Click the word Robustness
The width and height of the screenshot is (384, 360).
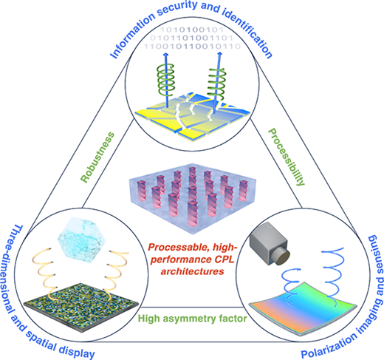[98, 157]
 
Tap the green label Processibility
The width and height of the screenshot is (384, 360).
[287, 157]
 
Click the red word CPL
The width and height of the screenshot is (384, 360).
[223, 259]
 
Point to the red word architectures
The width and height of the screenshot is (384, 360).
[192, 271]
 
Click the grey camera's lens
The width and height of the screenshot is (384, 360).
[282, 257]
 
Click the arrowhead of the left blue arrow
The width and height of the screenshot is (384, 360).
[165, 55]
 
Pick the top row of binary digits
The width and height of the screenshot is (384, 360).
[192, 30]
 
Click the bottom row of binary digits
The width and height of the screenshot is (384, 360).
[192, 46]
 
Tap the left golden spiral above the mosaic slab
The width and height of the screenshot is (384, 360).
[44, 271]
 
